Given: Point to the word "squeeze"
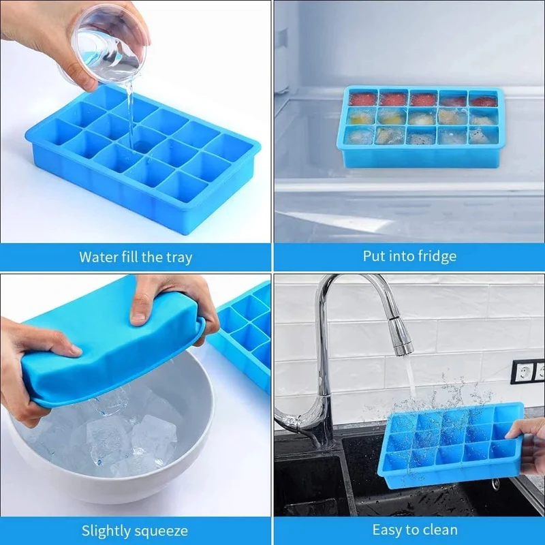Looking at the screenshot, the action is pyautogui.click(x=161, y=532).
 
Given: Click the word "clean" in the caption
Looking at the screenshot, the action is pyautogui.click(x=439, y=530).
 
